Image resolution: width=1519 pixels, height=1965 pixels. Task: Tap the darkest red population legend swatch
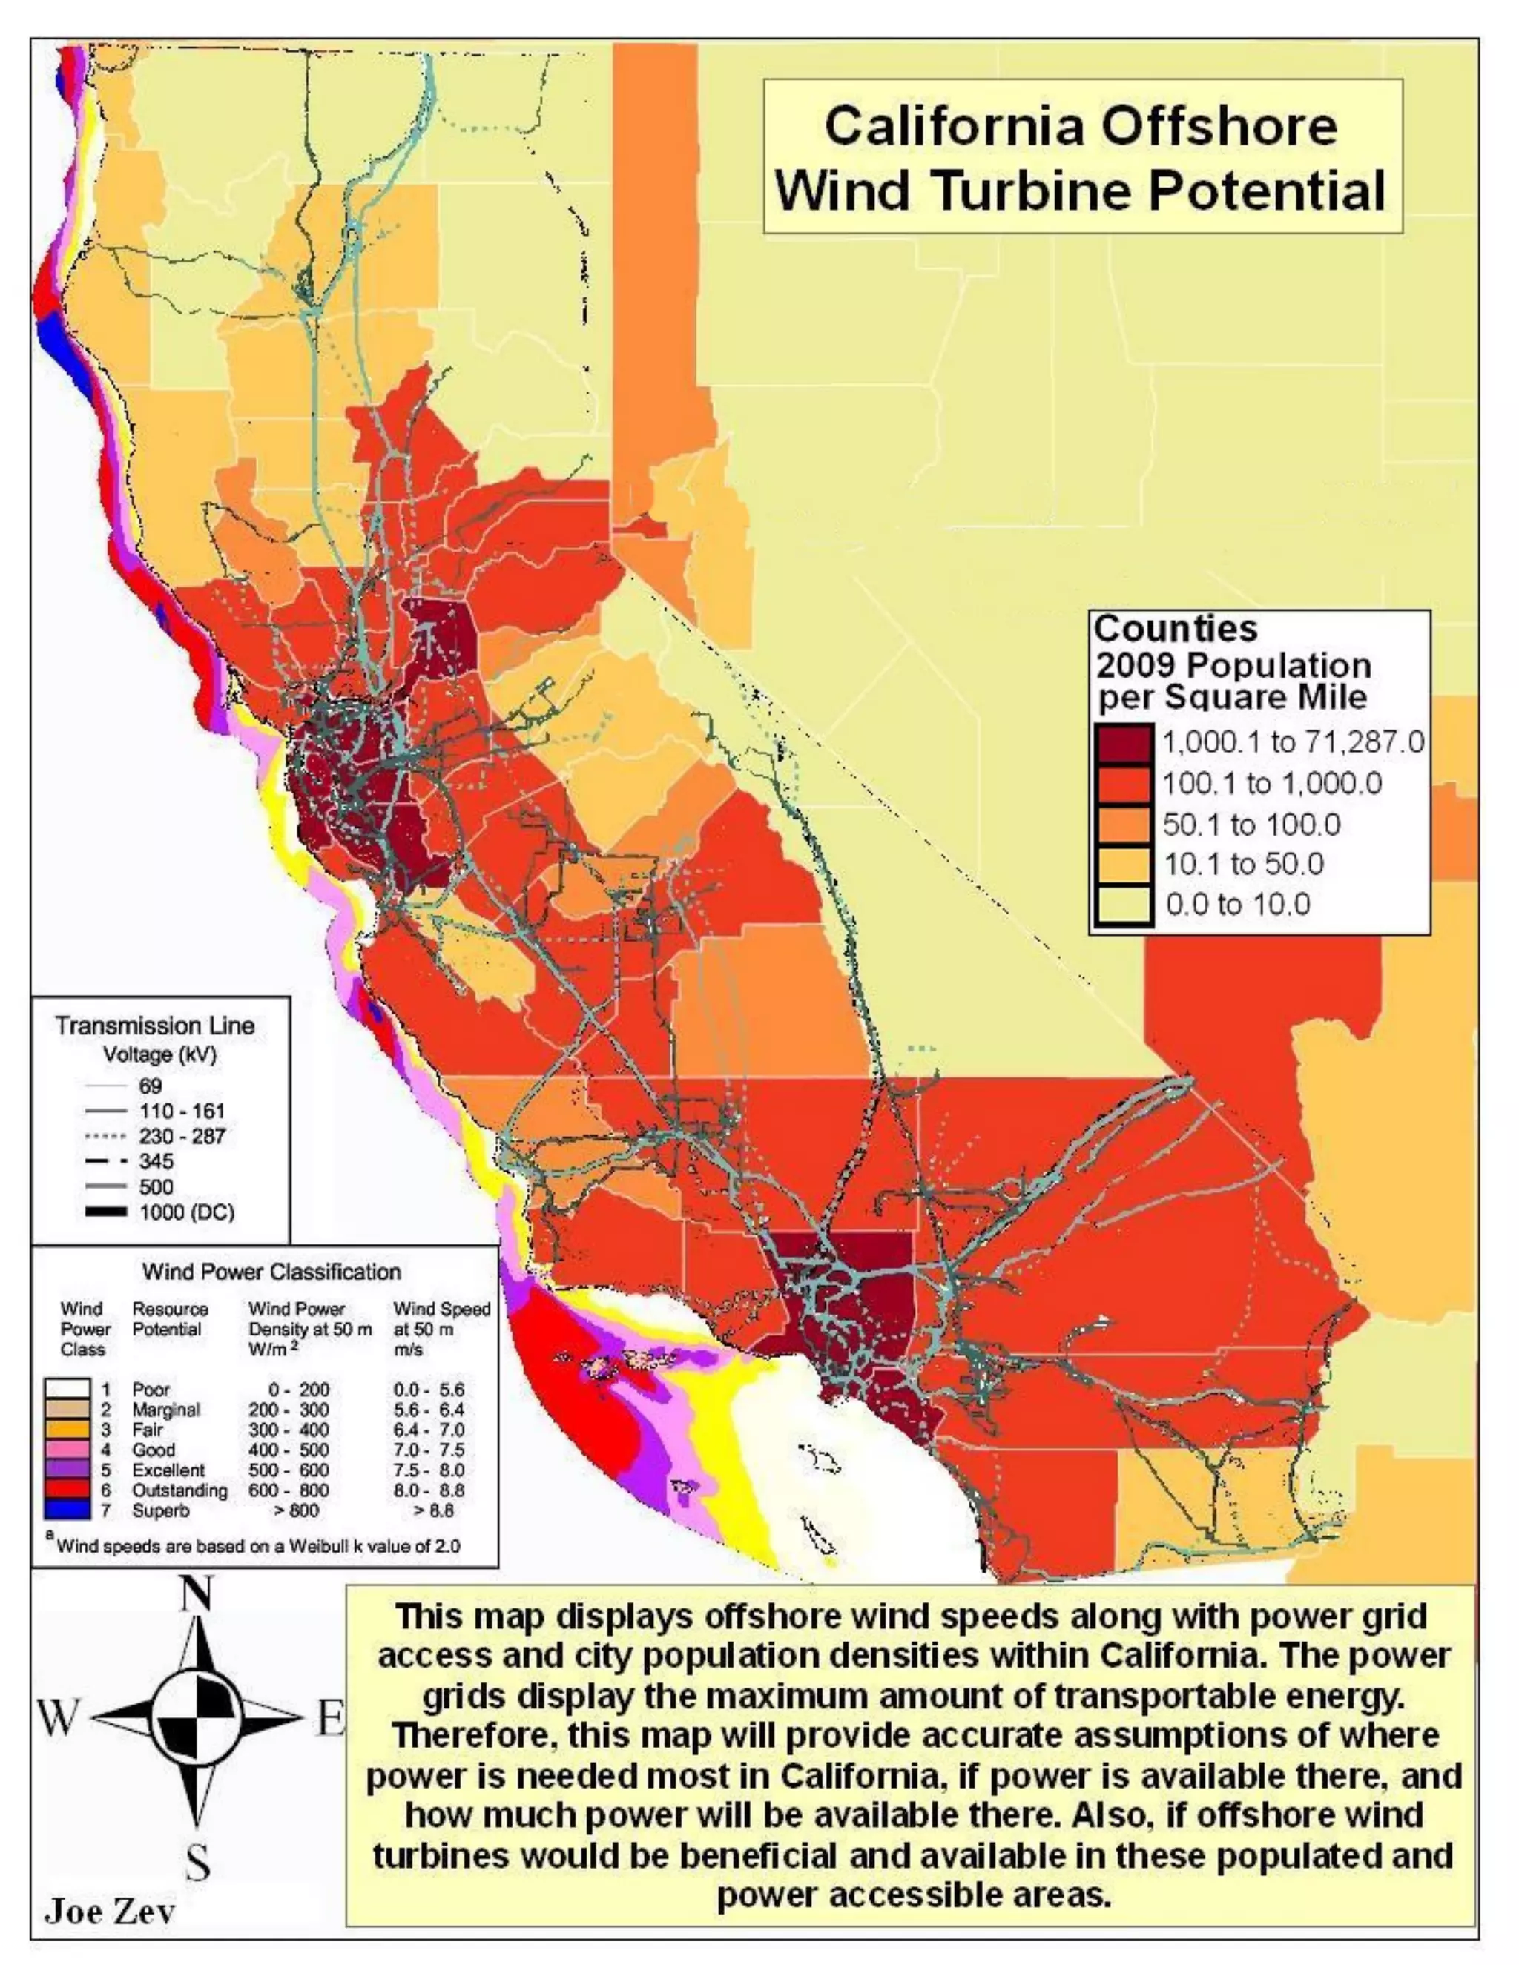coord(1124,743)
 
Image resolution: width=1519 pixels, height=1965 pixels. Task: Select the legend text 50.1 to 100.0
coord(1251,824)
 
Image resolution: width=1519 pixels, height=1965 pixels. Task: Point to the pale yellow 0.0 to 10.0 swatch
coord(1124,904)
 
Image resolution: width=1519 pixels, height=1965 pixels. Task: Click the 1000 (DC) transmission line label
coord(186,1212)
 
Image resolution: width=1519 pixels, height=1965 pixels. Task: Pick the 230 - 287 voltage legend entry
coord(181,1136)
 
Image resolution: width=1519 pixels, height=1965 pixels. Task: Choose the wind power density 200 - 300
coord(288,1410)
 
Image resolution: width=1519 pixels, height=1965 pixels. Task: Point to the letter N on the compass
coord(196,1594)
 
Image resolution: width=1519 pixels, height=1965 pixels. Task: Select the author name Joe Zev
coord(109,1911)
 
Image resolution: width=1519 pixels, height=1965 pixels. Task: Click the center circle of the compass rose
coord(196,1720)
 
